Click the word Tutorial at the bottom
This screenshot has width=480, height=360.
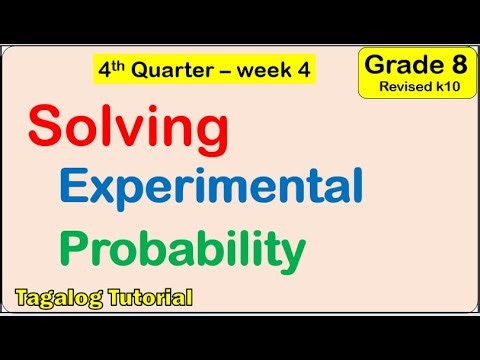click(147, 297)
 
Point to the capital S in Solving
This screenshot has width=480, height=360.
click(46, 128)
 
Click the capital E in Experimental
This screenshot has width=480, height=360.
click(75, 187)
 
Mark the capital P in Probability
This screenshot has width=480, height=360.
click(77, 247)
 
